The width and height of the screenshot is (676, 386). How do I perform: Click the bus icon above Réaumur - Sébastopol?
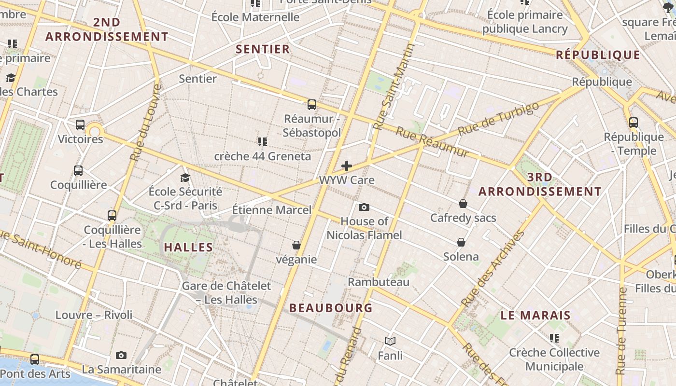[312, 104]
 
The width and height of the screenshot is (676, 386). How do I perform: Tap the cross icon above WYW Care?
[347, 166]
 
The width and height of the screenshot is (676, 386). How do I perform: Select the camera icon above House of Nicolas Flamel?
[364, 207]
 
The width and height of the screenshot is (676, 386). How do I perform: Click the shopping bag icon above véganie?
[296, 246]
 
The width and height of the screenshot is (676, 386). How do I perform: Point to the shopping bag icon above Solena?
[461, 242]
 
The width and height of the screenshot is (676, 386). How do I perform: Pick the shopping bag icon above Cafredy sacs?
[463, 204]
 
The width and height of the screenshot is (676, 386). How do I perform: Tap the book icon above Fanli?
[390, 342]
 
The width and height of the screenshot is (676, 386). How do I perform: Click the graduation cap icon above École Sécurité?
[185, 178]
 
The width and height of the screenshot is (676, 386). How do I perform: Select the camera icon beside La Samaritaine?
[121, 356]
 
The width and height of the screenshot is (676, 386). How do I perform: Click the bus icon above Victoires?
[80, 125]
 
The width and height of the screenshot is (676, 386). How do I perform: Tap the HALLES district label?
[188, 248]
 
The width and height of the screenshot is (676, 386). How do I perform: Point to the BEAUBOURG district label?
[331, 308]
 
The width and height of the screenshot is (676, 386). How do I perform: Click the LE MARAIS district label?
[535, 316]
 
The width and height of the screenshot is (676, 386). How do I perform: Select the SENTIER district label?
[263, 49]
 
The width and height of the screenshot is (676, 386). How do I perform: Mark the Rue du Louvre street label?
[145, 123]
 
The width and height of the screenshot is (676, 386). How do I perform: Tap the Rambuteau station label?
[379, 282]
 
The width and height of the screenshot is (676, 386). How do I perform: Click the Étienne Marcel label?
[272, 210]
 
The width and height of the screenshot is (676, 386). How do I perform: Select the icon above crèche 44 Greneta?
[263, 142]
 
